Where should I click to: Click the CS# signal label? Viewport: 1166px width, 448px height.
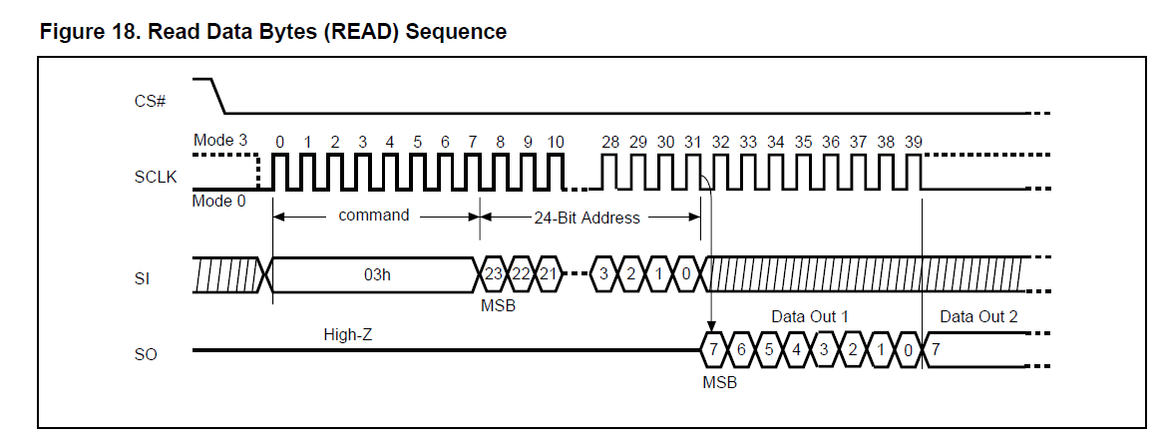[149, 102]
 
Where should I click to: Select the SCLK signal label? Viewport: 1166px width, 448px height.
[154, 177]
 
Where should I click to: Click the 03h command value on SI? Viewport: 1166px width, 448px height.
[376, 274]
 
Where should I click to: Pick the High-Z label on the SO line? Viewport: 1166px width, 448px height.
[347, 334]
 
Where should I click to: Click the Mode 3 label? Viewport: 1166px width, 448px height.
[220, 141]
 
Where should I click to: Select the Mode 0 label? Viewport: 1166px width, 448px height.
[218, 201]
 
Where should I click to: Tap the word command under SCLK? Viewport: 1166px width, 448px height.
[374, 215]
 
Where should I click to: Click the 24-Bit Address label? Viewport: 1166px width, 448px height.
[586, 218]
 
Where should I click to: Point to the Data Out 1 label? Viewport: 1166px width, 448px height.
[810, 316]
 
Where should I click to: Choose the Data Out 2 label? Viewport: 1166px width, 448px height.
[978, 316]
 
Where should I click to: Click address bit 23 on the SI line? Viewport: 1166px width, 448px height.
[493, 274]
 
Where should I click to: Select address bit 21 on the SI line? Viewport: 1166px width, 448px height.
[548, 274]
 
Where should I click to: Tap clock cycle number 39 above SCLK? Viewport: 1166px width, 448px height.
[913, 143]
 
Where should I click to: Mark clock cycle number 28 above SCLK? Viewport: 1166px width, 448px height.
[609, 143]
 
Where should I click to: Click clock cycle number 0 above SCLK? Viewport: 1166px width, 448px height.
[279, 143]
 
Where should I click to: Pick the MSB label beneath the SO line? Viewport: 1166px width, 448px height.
[719, 380]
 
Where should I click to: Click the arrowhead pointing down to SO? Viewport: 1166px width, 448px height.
[711, 327]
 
